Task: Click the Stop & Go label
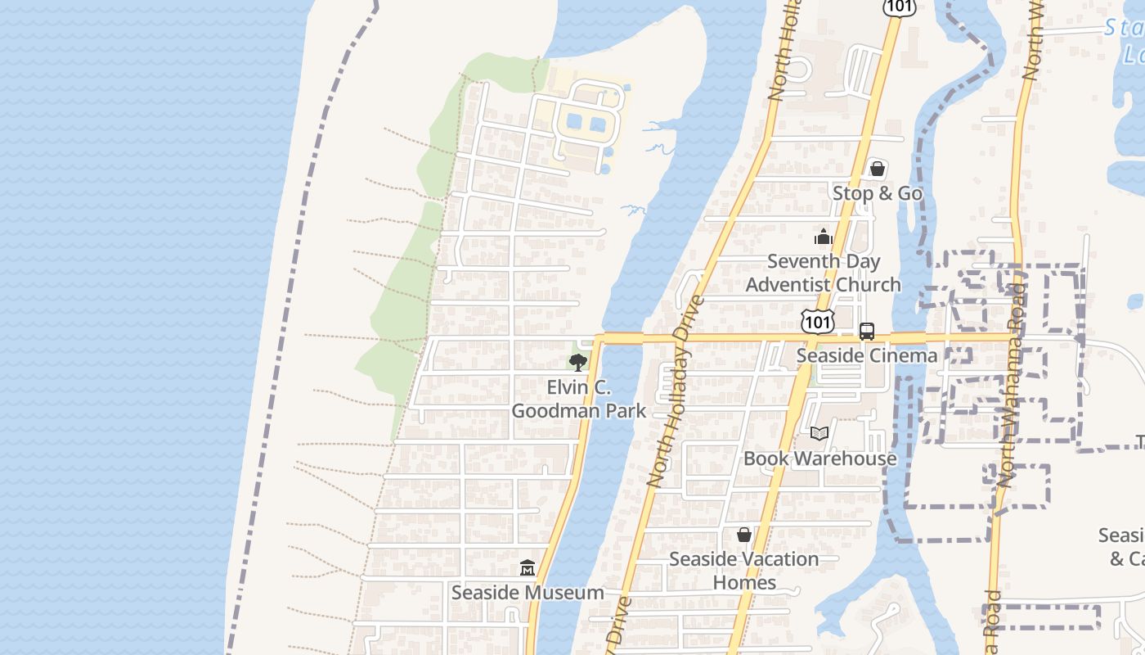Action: tap(878, 193)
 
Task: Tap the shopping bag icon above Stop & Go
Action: tap(878, 169)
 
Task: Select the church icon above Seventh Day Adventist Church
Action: tap(823, 237)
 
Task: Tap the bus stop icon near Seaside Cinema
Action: tap(867, 332)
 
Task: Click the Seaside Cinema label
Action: tap(866, 355)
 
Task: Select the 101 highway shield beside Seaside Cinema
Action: tap(818, 322)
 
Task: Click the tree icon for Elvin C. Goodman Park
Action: tap(578, 363)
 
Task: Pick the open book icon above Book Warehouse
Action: tap(819, 434)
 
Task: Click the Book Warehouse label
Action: tap(819, 458)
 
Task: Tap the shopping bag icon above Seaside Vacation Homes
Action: tap(744, 535)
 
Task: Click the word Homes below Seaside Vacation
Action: tap(744, 582)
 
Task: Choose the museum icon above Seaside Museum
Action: tap(528, 567)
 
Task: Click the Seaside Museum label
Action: tap(528, 592)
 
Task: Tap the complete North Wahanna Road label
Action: tap(1012, 385)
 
